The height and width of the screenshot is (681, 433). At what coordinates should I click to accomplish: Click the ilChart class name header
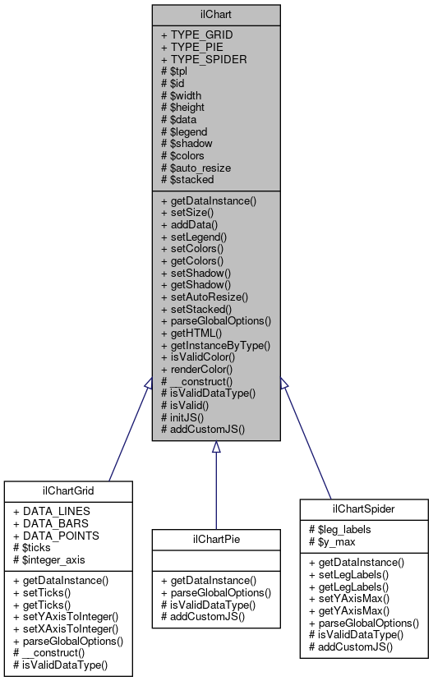(215, 14)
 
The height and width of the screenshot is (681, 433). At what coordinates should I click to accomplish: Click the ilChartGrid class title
(68, 491)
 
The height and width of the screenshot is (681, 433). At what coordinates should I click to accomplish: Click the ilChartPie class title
(215, 539)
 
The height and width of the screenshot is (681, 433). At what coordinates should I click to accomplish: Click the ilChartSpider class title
(364, 508)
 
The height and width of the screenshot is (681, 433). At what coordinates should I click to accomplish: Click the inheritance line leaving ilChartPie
(215, 493)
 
